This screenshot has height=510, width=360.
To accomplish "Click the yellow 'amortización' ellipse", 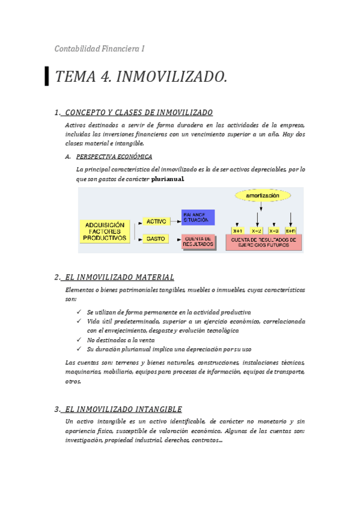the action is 262,196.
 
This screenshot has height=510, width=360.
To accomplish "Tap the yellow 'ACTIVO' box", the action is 156,221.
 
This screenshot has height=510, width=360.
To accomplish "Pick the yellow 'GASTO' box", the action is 156,239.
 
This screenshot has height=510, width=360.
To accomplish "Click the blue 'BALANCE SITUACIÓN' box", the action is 198,218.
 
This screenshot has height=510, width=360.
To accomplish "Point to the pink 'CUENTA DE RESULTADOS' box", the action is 198,242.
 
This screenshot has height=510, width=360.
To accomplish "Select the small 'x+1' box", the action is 237,230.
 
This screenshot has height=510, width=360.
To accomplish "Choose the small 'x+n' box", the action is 291,230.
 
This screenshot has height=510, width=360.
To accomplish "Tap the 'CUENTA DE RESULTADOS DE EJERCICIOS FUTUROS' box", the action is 264,242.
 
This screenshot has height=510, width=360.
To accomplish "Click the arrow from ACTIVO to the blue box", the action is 175,221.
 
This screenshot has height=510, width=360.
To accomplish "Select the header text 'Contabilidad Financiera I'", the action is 99,49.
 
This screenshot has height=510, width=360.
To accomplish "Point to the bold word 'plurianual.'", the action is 168,179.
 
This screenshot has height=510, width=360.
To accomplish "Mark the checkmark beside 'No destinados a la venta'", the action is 80,340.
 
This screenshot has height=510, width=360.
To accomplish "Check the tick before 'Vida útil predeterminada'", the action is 80,321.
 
